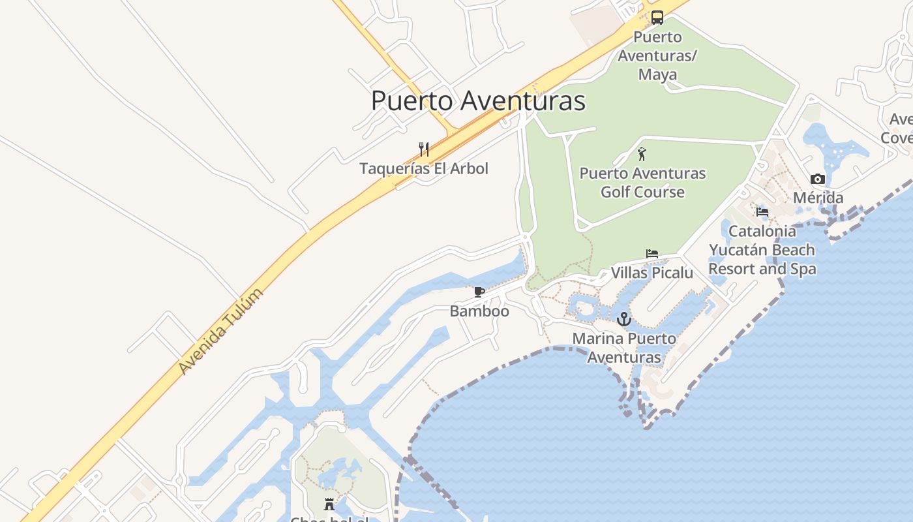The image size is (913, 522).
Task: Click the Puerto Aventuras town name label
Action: [478, 101]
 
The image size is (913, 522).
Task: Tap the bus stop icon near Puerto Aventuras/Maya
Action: [657, 18]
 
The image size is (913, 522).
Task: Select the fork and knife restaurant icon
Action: [424, 149]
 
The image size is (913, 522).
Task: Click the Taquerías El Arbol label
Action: [424, 168]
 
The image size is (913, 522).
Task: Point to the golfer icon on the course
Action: [642, 155]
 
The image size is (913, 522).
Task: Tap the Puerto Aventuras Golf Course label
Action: [642, 183]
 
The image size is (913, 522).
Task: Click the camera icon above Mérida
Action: [818, 179]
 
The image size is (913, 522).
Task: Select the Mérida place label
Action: [818, 198]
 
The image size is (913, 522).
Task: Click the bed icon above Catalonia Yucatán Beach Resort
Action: [762, 212]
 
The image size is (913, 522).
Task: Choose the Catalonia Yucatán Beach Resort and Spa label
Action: [762, 250]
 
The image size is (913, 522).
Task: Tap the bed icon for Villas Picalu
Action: [652, 254]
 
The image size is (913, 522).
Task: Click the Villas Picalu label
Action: [652, 273]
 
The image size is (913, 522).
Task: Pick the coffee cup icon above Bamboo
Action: [479, 292]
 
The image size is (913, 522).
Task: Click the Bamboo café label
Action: [479, 311]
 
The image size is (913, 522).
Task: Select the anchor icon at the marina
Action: [624, 319]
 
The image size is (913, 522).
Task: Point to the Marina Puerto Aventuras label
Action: [624, 348]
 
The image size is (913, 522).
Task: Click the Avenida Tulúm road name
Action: [222, 331]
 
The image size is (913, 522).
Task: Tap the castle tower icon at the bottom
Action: [329, 504]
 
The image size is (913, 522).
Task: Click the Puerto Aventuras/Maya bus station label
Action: [657, 55]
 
